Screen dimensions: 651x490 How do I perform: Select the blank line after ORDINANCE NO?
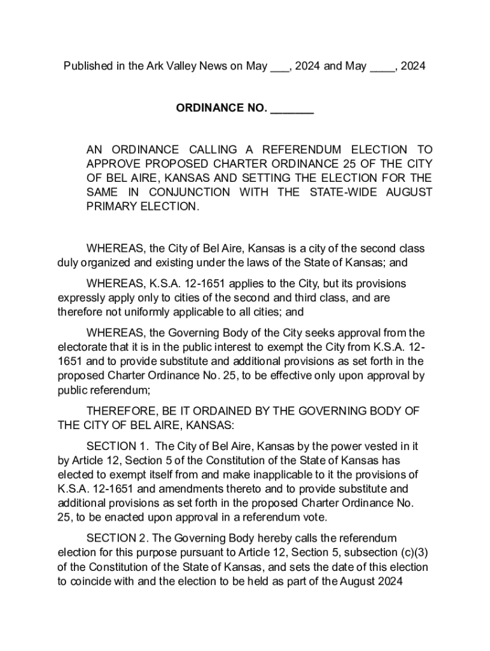(x=292, y=109)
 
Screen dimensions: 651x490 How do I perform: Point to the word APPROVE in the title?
(x=114, y=164)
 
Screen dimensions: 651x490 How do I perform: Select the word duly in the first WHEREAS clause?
(x=69, y=262)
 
